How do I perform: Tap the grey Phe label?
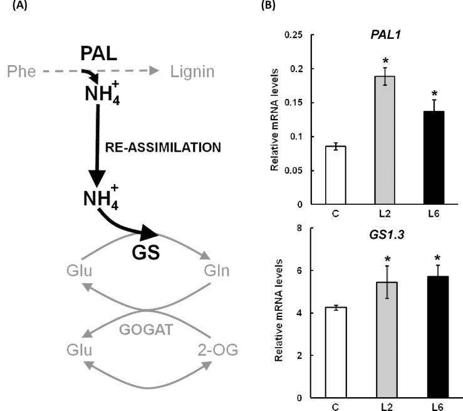click(20, 72)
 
